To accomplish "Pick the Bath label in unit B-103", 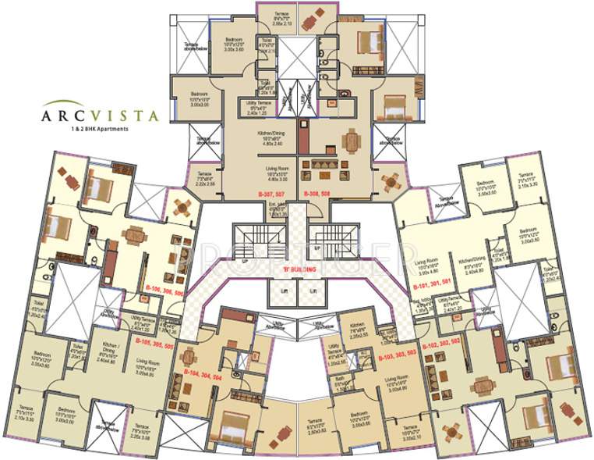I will click(340, 383).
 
